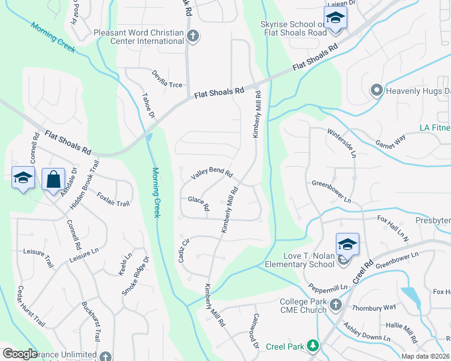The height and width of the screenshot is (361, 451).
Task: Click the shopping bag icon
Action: click(53, 179)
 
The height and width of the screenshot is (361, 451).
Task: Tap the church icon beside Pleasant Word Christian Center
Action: click(192, 36)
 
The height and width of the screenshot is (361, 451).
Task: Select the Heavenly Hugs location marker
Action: click(377, 91)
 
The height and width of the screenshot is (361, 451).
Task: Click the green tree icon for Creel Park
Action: click(312, 345)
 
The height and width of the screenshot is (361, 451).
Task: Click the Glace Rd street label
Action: click(198, 203)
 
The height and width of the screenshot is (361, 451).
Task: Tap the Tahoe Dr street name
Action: click(148, 105)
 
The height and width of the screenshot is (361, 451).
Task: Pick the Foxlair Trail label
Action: click(113, 199)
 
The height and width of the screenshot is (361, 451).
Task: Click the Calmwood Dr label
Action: click(256, 331)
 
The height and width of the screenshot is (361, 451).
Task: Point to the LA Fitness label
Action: click(435, 128)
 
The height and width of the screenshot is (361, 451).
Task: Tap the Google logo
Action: click(20, 354)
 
